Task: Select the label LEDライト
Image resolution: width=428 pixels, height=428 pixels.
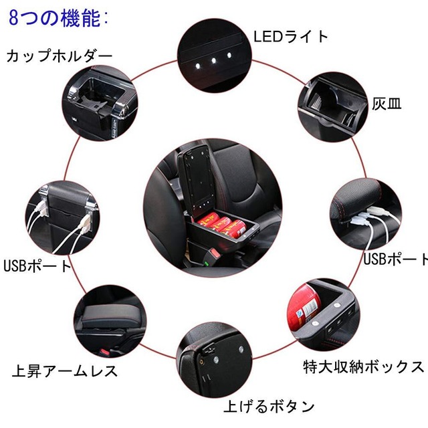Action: pyautogui.click(x=290, y=36)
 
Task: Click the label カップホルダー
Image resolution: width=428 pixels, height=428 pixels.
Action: pyautogui.click(x=60, y=56)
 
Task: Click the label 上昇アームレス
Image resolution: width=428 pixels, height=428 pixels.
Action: pyautogui.click(x=65, y=370)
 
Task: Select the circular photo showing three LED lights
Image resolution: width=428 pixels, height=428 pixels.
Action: pyautogui.click(x=213, y=49)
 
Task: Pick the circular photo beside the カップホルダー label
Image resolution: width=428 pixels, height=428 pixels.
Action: pyautogui.click(x=100, y=100)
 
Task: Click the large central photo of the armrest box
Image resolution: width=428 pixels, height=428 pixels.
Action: pyautogui.click(x=214, y=211)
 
